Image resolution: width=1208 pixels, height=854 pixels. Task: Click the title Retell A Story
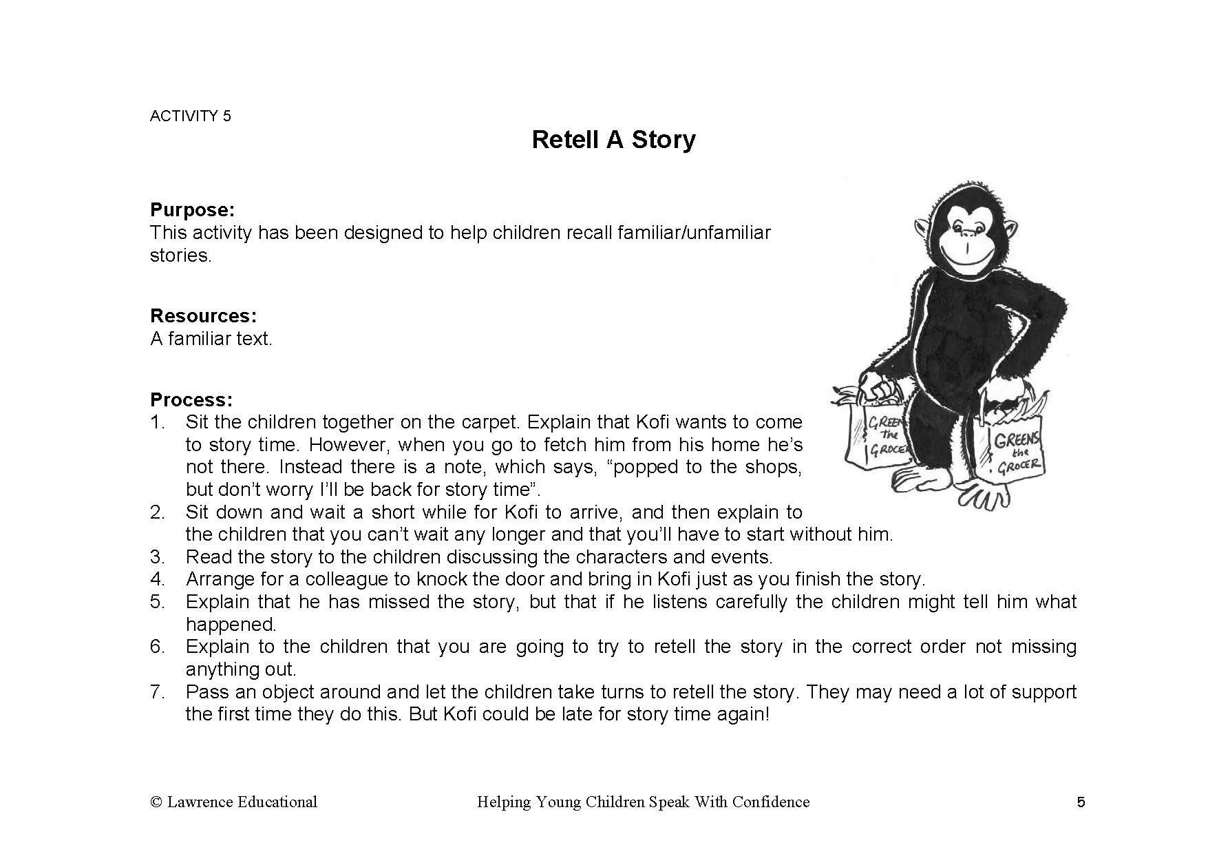[613, 140]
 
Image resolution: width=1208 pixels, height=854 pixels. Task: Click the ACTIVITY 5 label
[191, 116]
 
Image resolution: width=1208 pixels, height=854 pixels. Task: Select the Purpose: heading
[192, 210]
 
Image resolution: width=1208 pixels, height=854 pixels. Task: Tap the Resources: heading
[203, 316]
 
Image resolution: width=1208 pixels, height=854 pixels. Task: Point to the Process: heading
[191, 400]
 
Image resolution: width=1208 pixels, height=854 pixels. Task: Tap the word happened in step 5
[231, 625]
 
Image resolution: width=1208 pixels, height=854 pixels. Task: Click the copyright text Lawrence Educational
[242, 802]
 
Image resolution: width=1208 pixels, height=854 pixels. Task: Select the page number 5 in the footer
[1081, 802]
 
